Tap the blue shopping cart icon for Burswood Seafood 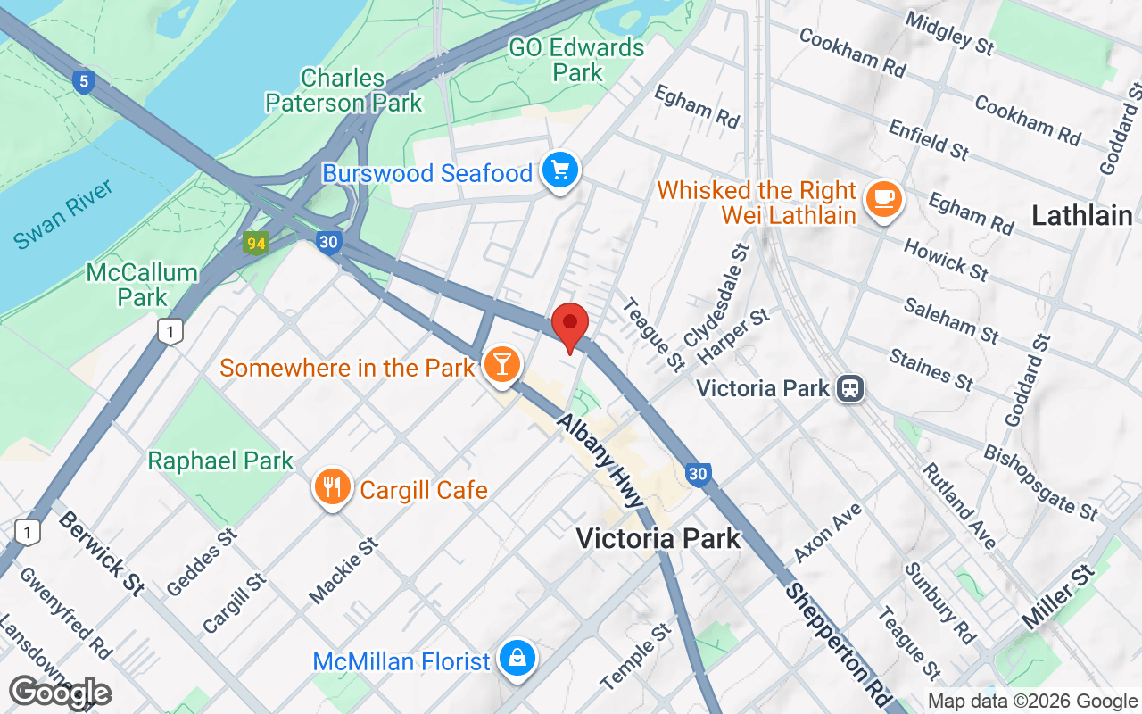tap(560, 170)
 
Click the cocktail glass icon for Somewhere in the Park tap(501, 364)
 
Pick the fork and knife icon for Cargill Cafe tap(332, 487)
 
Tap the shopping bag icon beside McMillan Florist tap(517, 659)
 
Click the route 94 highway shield tap(256, 243)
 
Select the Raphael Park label tap(220, 461)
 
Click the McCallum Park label tap(142, 284)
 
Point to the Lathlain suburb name tap(1081, 215)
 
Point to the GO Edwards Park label tap(576, 59)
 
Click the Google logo tap(60, 693)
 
